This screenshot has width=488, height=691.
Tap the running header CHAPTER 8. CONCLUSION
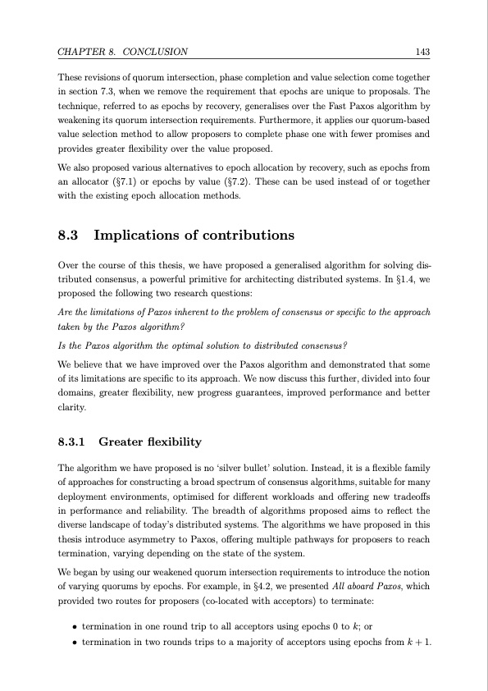pyautogui.click(x=123, y=53)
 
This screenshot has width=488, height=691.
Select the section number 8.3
pyautogui.click(x=71, y=236)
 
